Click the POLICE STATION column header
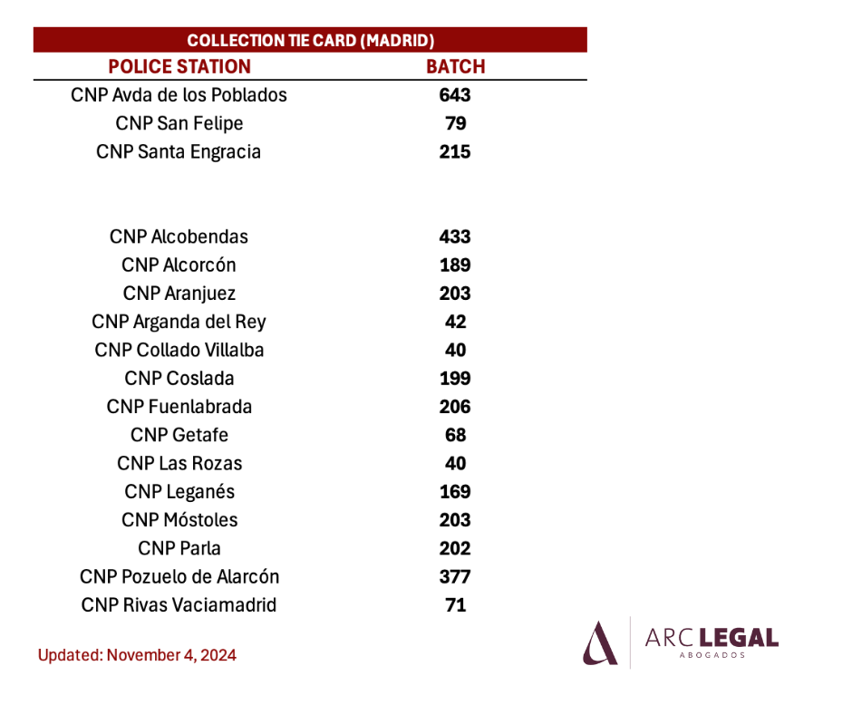[x=179, y=66]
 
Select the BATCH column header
[x=455, y=66]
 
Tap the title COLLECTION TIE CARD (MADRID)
[x=310, y=40]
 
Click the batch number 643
[x=455, y=95]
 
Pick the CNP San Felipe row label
[x=179, y=123]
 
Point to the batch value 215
[x=455, y=151]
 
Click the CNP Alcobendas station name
[x=179, y=236]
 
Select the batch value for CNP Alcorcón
[x=455, y=265]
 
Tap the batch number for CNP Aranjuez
[x=455, y=294]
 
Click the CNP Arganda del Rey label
[x=179, y=323]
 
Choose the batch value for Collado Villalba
[x=455, y=350]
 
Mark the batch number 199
[x=455, y=378]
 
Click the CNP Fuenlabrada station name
[x=179, y=407]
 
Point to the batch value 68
[x=455, y=435]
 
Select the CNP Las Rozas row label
[x=179, y=464]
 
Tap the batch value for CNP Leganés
[x=455, y=492]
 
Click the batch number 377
[x=455, y=576]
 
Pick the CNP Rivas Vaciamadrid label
[x=179, y=604]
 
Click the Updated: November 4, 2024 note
[x=137, y=655]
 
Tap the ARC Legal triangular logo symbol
[x=600, y=643]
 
